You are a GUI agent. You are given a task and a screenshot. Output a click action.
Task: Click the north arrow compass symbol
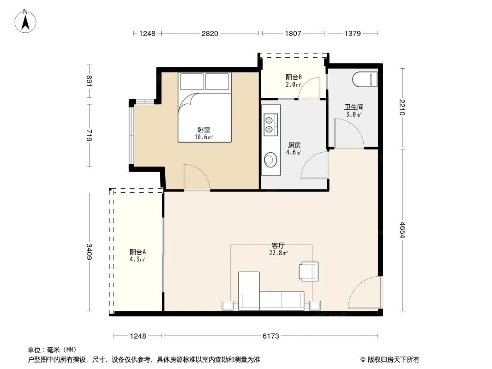tap(25, 21)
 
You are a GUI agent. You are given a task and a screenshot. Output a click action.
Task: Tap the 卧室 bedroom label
tap(204, 130)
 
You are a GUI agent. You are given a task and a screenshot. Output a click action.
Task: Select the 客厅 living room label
tap(278, 245)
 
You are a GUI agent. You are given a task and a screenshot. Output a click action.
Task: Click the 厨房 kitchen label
tap(294, 145)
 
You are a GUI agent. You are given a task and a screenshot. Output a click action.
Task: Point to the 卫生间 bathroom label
tap(354, 107)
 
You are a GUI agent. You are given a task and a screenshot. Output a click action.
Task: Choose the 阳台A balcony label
tap(138, 252)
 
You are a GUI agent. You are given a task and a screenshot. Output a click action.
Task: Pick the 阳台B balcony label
tap(294, 77)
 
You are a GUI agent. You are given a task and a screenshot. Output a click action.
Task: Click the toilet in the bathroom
tap(365, 79)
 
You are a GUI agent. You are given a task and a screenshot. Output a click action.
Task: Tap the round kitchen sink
tap(270, 160)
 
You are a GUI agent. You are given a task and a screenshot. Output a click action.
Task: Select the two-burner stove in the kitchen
tap(270, 125)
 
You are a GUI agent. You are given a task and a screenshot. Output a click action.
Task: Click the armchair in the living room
tap(308, 271)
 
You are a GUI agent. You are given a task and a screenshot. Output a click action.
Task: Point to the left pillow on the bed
tap(192, 82)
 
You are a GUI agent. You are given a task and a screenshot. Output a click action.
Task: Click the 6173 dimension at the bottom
tap(270, 336)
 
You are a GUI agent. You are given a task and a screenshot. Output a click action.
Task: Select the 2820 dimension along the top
tap(210, 34)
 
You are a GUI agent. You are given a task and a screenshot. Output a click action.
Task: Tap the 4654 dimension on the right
tap(402, 230)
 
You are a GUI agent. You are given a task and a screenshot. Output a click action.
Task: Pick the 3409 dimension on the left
tap(89, 251)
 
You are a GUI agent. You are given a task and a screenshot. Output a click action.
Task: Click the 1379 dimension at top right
tap(352, 34)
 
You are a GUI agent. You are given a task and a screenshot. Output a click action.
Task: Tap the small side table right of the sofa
tap(315, 306)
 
